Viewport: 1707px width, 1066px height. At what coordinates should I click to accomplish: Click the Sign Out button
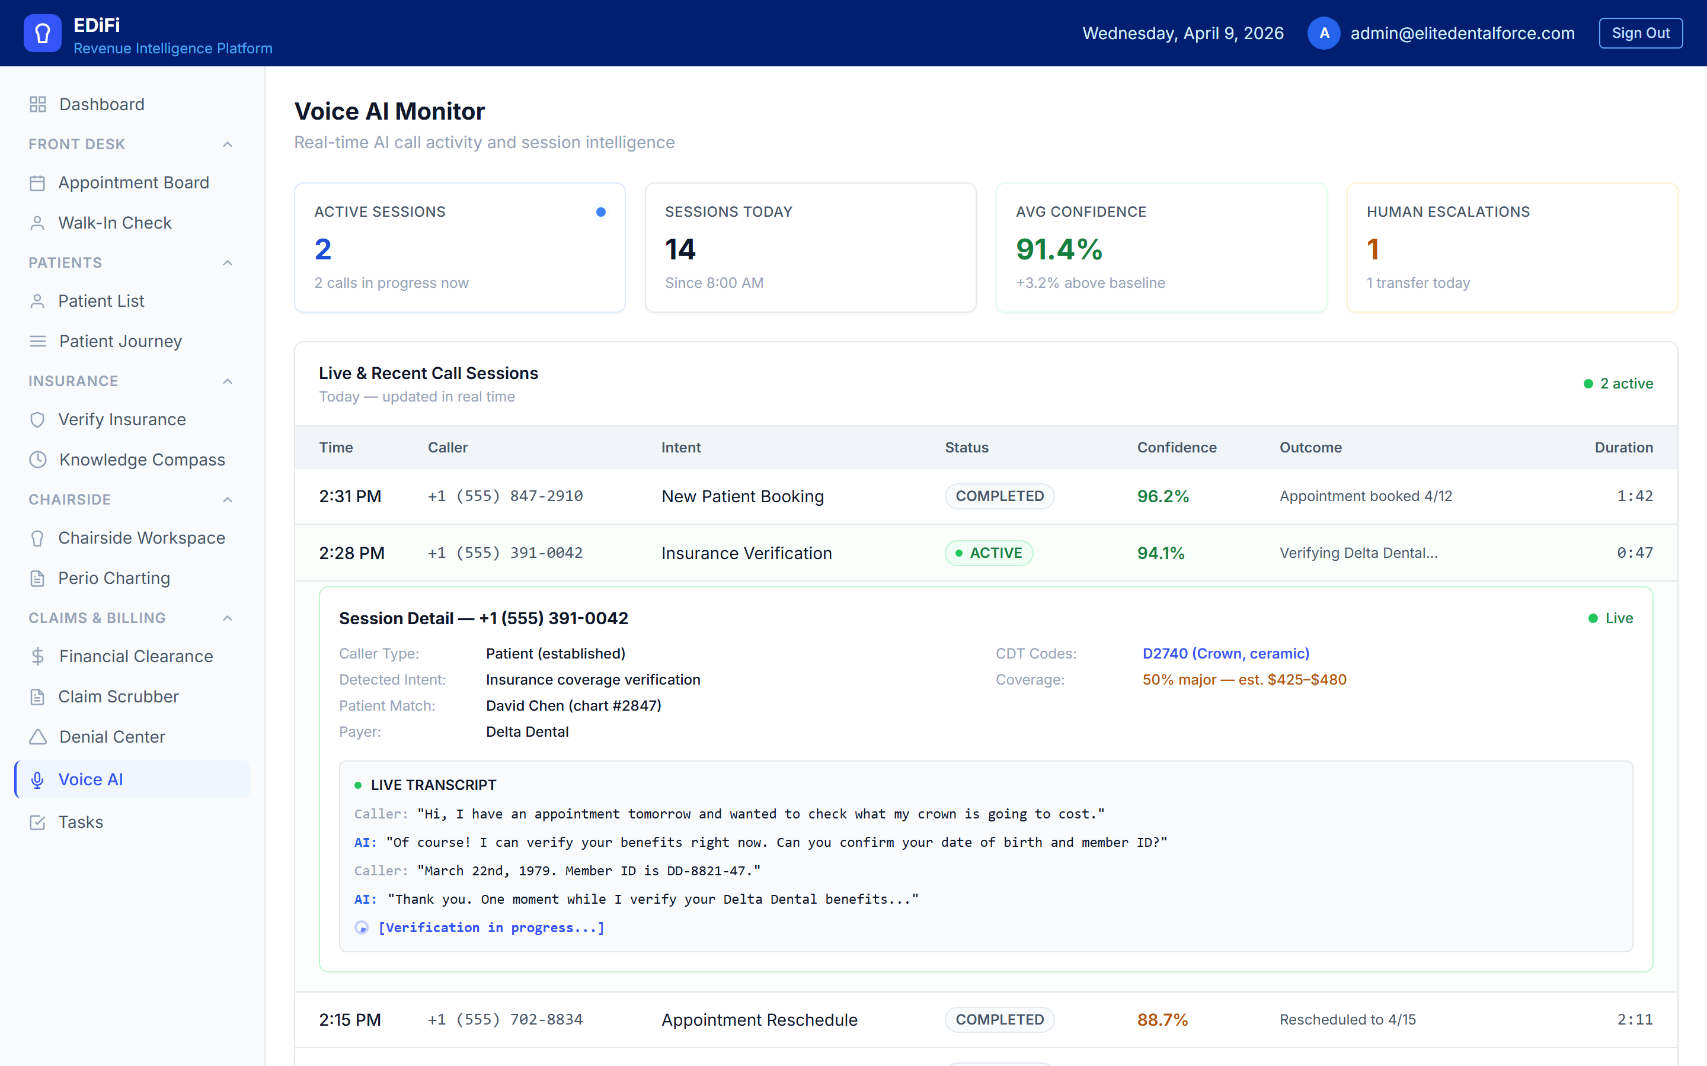pos(1640,33)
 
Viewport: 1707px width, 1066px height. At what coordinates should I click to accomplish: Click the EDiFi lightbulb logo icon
pos(42,33)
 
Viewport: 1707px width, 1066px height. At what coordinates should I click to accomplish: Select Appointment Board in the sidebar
pos(133,182)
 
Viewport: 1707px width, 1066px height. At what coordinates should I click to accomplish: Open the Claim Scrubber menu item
pos(118,696)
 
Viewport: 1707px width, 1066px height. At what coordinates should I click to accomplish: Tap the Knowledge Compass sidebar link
pos(142,460)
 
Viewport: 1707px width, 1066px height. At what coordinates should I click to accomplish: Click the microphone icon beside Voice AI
pos(37,780)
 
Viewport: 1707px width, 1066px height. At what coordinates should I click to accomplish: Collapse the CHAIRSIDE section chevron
pos(227,500)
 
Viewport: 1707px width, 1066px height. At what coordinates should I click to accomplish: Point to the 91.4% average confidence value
pos(1059,249)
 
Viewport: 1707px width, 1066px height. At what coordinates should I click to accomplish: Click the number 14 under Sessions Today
pos(680,249)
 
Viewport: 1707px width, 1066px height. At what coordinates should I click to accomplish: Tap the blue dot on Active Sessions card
pos(600,212)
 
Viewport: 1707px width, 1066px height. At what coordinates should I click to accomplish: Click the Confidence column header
pos(1176,448)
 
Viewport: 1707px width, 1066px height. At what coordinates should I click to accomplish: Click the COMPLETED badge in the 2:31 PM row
pos(999,496)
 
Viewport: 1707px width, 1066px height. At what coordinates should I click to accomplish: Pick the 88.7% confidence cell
pos(1162,1019)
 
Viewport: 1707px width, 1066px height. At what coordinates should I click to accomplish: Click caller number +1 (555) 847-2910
pos(505,496)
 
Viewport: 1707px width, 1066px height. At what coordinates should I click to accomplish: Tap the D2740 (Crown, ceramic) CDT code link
pos(1225,654)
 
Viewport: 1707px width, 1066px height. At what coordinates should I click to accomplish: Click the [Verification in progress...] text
pos(491,928)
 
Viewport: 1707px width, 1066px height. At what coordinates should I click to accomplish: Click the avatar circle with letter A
pos(1324,33)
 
